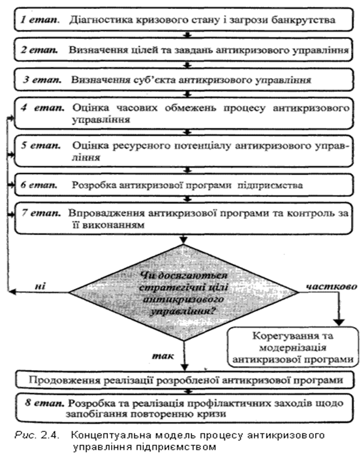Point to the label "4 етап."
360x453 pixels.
coord(41,110)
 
